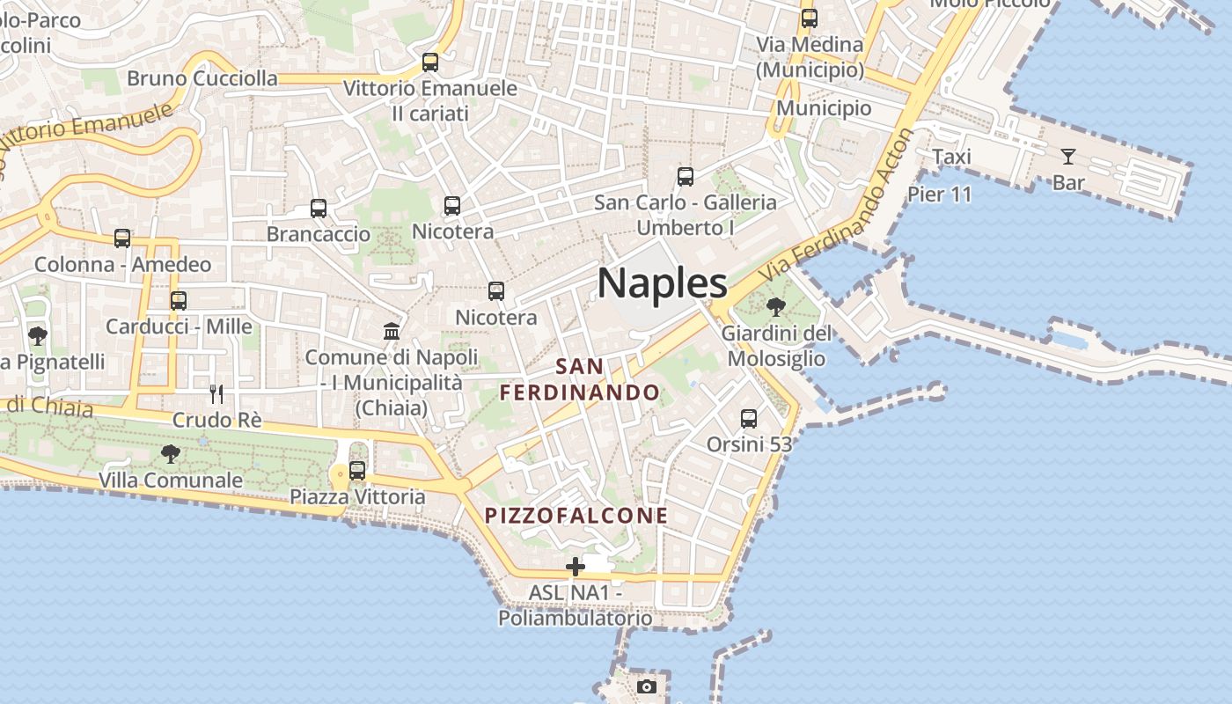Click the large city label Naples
click(662, 283)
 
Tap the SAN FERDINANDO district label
click(580, 379)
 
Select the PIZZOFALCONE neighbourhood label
click(576, 515)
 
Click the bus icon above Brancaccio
click(319, 209)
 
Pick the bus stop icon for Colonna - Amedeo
click(122, 238)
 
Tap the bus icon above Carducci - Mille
click(179, 301)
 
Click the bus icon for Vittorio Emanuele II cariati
click(430, 62)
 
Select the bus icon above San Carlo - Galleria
click(686, 177)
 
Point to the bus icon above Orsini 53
click(749, 419)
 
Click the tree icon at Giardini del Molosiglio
click(776, 307)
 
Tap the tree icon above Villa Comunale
click(171, 454)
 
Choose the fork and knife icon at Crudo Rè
click(216, 393)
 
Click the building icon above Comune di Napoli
click(392, 331)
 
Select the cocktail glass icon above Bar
click(1068, 157)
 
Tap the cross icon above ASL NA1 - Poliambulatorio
click(576, 567)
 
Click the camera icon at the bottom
click(647, 686)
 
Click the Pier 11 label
click(939, 194)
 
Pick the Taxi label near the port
click(951, 157)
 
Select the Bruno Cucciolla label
click(202, 78)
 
